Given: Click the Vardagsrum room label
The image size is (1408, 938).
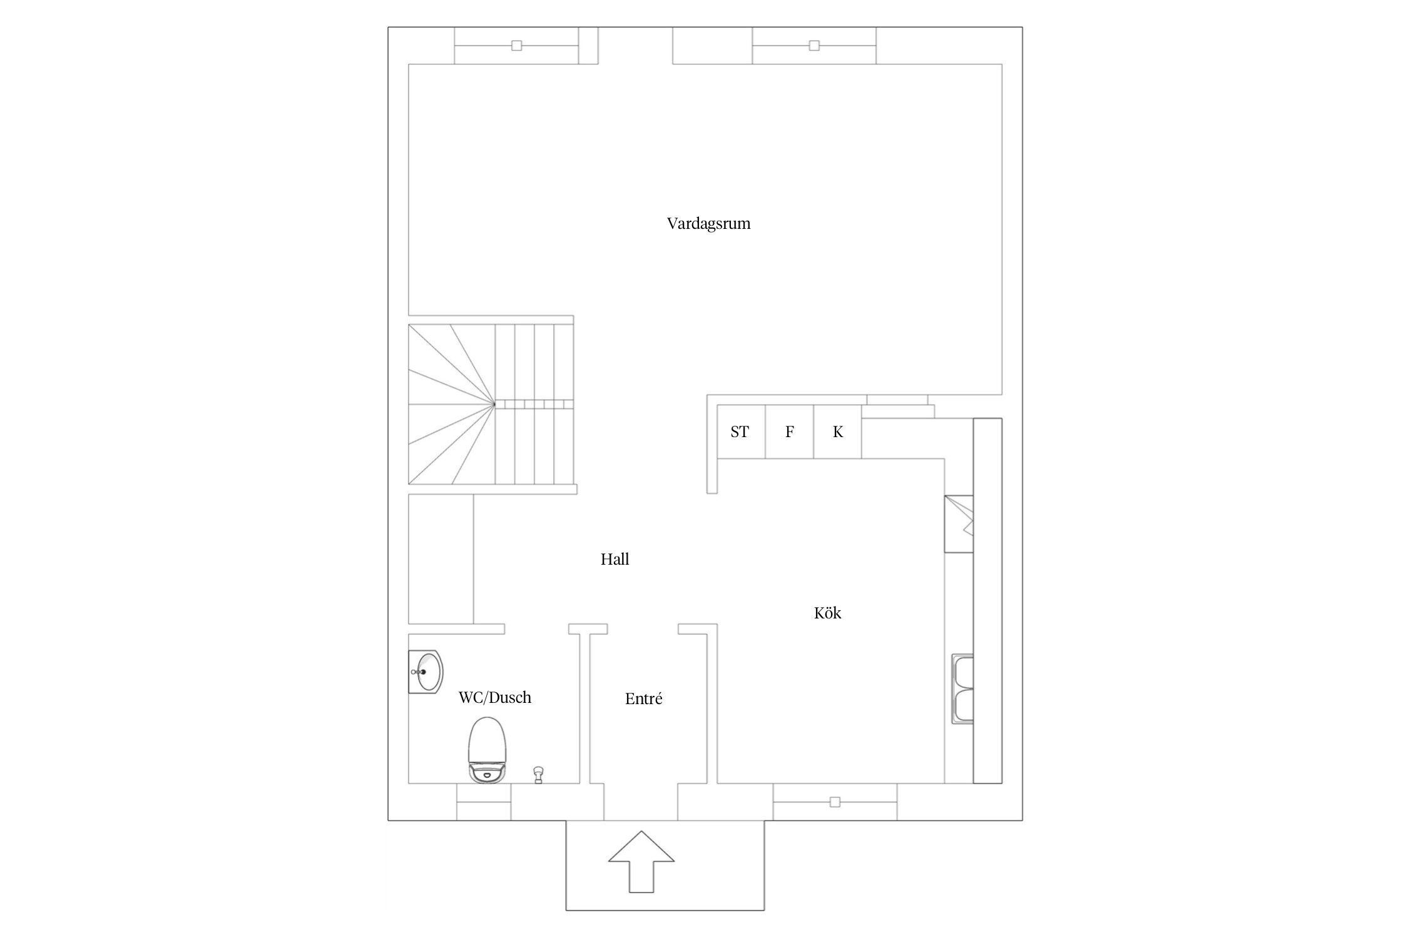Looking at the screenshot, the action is pyautogui.click(x=708, y=224).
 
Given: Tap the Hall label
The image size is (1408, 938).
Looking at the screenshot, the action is pyautogui.click(x=615, y=559).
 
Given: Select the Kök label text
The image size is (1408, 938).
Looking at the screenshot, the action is pyautogui.click(x=827, y=613).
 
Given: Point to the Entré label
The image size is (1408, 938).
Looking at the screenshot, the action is pyautogui.click(x=643, y=698).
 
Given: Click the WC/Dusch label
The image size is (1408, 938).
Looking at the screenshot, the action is pyautogui.click(x=494, y=697).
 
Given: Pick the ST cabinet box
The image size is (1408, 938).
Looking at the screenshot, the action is pyautogui.click(x=742, y=431).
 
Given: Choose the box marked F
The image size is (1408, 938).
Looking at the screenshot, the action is pyautogui.click(x=790, y=431).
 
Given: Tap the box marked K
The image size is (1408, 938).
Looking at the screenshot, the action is pyautogui.click(x=838, y=431).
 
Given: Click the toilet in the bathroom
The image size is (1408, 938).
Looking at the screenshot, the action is pyautogui.click(x=486, y=750).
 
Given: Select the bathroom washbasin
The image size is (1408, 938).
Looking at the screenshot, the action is pyautogui.click(x=426, y=672).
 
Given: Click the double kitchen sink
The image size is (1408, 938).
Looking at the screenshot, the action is pyautogui.click(x=962, y=689).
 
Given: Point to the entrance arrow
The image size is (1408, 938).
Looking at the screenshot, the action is pyautogui.click(x=641, y=861).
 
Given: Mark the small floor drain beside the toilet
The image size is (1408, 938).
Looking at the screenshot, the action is pyautogui.click(x=538, y=775).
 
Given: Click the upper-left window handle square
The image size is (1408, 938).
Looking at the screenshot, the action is pyautogui.click(x=516, y=46).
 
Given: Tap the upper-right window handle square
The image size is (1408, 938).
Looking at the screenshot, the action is pyautogui.click(x=814, y=46).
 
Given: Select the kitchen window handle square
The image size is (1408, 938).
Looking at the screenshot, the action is pyautogui.click(x=835, y=802).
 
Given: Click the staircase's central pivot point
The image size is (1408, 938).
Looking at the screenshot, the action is pyautogui.click(x=494, y=404).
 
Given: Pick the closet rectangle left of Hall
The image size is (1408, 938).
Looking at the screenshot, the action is pyautogui.click(x=441, y=559).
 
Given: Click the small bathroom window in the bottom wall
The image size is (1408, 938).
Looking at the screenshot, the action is pyautogui.click(x=484, y=802).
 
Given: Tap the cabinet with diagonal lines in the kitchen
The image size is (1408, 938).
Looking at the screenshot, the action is pyautogui.click(x=959, y=524).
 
